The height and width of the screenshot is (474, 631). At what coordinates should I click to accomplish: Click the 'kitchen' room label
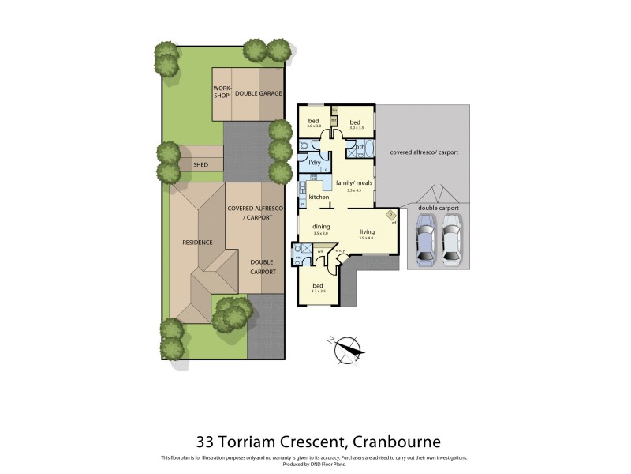[x=319, y=197]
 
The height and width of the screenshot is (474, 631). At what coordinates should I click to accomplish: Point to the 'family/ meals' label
[x=353, y=182]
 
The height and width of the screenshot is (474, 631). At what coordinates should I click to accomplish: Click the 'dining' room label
[x=320, y=227]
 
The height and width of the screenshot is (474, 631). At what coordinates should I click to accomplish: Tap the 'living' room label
[x=365, y=231]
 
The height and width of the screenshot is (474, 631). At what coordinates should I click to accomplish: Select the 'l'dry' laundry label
[x=315, y=163]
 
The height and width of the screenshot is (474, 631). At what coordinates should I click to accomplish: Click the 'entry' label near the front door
[x=341, y=250]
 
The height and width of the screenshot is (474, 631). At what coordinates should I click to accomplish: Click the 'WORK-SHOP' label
[x=222, y=92]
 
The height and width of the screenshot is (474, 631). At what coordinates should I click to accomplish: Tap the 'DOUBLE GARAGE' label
[x=258, y=92]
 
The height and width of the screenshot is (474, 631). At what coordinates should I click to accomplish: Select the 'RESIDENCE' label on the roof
[x=197, y=243]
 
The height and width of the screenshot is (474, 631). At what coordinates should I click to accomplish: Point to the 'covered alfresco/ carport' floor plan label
[x=424, y=152]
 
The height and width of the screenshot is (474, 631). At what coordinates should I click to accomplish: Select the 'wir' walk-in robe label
[x=320, y=251]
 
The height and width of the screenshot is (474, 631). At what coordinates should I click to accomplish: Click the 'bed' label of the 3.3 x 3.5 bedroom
[x=318, y=285]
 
